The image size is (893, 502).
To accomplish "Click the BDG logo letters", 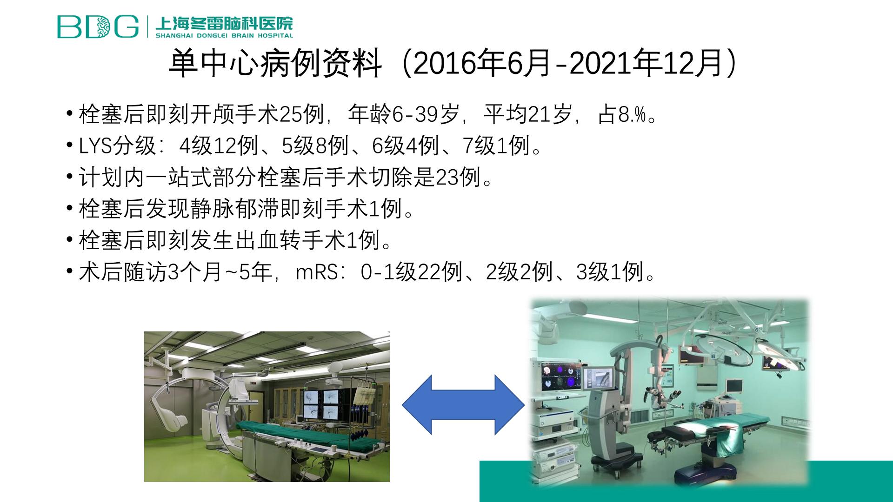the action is coord(98,26).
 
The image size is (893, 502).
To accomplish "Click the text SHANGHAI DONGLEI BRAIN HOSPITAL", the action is coord(225,35).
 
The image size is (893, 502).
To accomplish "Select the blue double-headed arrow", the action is coord(463,405).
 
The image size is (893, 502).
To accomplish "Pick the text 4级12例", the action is coord(219,146).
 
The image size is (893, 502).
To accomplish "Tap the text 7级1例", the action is coord(496,146).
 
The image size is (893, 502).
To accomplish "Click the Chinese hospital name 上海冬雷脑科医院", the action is coord(225,23).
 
